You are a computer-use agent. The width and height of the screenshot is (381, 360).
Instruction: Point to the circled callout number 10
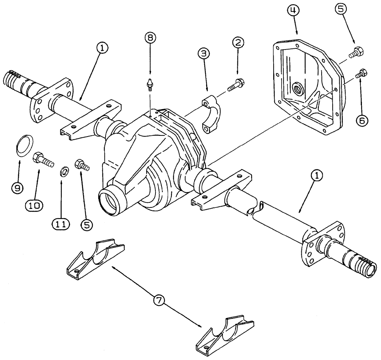pyautogui.click(x=35, y=204)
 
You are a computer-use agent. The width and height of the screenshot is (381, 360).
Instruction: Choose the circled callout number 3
pyautogui.click(x=203, y=54)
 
